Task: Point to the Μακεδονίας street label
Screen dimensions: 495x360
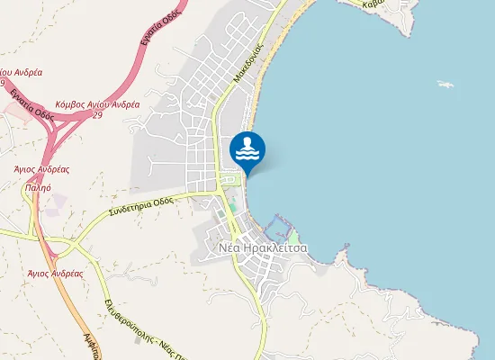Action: pyautogui.click(x=247, y=60)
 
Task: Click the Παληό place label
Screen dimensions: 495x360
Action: pyautogui.click(x=39, y=190)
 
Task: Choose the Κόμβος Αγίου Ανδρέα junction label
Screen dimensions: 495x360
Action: pyautogui.click(x=97, y=104)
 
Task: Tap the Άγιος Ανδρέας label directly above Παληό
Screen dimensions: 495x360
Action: pyautogui.click(x=41, y=168)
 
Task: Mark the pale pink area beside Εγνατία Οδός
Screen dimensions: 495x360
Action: pyautogui.click(x=15, y=110)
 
